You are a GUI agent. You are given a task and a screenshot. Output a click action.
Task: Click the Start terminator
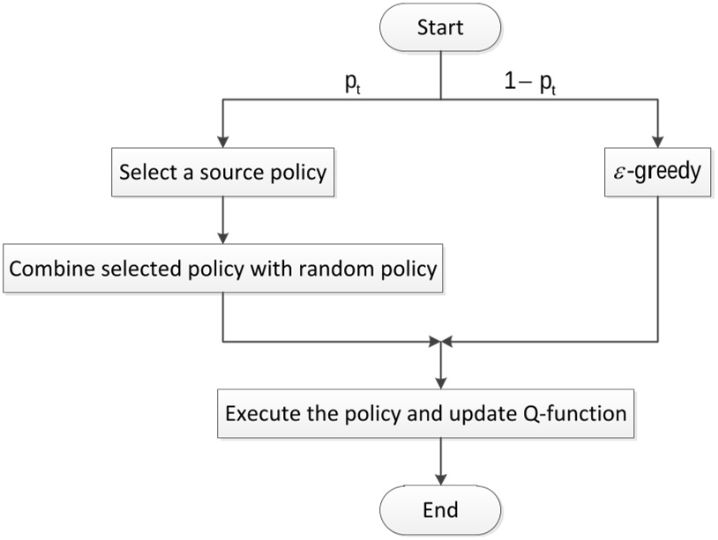(439, 26)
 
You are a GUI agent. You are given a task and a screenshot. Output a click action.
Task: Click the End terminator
(439, 509)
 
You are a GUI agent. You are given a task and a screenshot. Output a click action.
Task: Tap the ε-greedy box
(656, 171)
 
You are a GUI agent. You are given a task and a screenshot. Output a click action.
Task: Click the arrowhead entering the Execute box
(439, 383)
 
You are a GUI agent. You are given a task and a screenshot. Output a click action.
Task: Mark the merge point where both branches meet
(439, 339)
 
